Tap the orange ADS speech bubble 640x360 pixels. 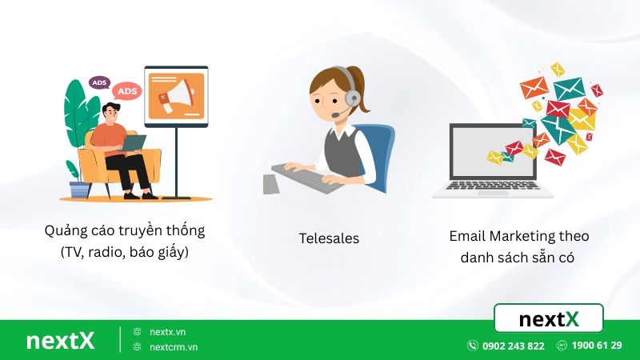pyautogui.click(x=126, y=91)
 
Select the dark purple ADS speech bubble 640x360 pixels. pyautogui.click(x=99, y=82)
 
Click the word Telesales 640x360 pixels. pyautogui.click(x=329, y=238)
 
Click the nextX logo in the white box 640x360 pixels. pyautogui.click(x=548, y=319)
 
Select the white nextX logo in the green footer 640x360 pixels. pyautogui.click(x=60, y=340)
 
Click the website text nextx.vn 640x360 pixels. pyautogui.click(x=167, y=331)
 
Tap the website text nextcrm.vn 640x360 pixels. pyautogui.click(x=174, y=347)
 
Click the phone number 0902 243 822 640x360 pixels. pyautogui.click(x=513, y=346)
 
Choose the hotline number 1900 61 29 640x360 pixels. pyautogui.click(x=597, y=346)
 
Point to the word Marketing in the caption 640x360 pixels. pyautogui.click(x=525, y=236)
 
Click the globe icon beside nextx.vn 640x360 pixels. pyautogui.click(x=138, y=331)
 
